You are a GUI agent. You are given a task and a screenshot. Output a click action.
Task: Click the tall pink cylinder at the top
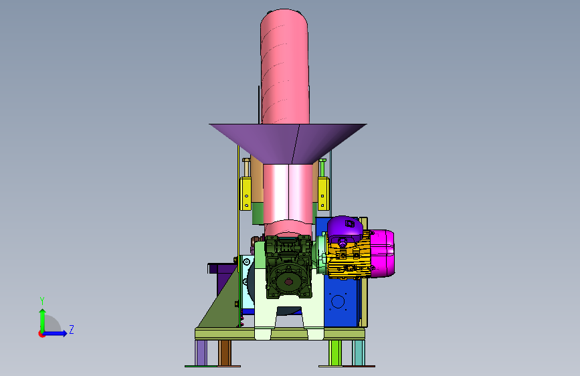click(284, 67)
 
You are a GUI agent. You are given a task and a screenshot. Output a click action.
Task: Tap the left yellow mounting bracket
click(246, 194)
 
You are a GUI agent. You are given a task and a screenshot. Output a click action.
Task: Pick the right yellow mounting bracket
click(323, 194)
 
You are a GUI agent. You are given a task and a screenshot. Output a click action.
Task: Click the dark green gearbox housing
click(288, 266)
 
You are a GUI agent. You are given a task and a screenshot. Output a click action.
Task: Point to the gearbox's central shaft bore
click(288, 282)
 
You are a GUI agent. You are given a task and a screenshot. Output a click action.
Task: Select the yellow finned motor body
click(349, 256)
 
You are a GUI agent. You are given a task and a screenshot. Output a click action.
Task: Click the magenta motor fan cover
click(383, 254)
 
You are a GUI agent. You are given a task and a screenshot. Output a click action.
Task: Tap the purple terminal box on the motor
click(345, 227)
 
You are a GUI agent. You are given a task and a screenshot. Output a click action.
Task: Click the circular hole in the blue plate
click(338, 302)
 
